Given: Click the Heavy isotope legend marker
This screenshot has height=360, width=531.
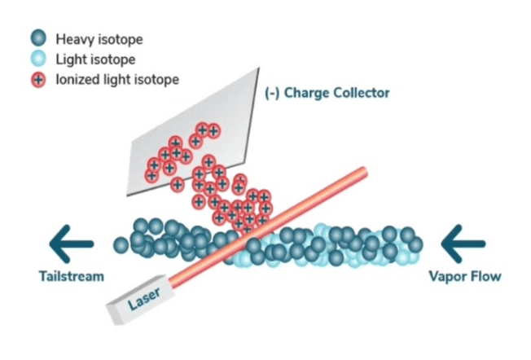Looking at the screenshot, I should (x=37, y=37).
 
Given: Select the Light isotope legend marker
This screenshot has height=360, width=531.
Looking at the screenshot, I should (x=37, y=59).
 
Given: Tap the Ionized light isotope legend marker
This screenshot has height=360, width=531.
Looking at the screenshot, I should (x=37, y=80).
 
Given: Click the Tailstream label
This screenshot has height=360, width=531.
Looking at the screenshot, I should (x=72, y=276).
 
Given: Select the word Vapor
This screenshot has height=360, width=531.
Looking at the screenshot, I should (x=447, y=276).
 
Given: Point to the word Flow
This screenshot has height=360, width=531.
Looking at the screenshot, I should (x=486, y=276).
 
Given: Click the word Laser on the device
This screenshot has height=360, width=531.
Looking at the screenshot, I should (x=144, y=299).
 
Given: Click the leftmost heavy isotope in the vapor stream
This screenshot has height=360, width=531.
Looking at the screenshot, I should (x=121, y=244).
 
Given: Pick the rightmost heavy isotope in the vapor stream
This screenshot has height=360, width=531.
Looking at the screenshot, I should (x=415, y=244).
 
